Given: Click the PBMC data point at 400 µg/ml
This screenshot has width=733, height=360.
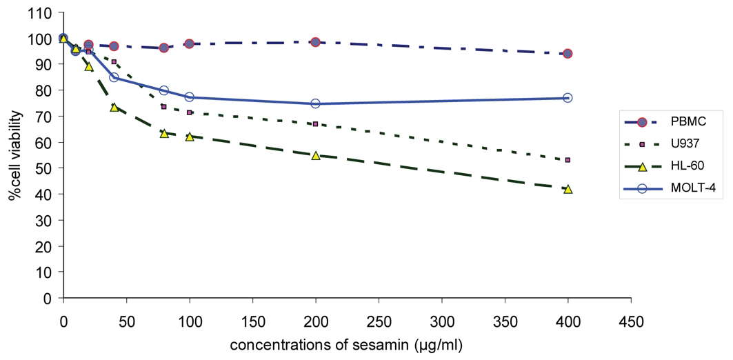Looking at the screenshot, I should pos(568,54).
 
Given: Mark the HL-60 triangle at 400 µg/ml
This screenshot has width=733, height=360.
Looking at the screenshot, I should pos(568,189).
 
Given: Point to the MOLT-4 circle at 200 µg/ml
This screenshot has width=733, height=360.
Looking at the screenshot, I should pos(315,103).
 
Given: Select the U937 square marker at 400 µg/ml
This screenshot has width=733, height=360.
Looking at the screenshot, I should pos(568,160).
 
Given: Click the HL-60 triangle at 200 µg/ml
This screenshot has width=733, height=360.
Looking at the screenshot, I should pos(315,156).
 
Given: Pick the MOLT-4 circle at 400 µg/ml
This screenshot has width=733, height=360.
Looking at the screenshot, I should pos(568,98).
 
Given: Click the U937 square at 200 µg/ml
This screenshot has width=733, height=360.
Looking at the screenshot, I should pos(315,124).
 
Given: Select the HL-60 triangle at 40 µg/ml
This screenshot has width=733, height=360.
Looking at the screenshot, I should pos(114,108).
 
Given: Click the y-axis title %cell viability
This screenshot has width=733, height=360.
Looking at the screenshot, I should pos(13,155).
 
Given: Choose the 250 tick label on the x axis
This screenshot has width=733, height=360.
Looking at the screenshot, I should pos(378,320).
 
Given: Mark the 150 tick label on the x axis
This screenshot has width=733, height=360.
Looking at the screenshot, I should pos(252,320).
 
